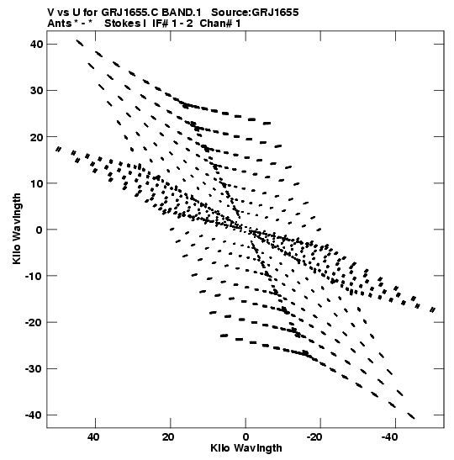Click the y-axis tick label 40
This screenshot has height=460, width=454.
(x=36, y=44)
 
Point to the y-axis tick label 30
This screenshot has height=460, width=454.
(x=36, y=90)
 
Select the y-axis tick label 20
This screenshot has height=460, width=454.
(x=36, y=137)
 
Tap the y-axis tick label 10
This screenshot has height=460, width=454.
(x=36, y=183)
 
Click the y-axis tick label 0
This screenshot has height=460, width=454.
(x=40, y=230)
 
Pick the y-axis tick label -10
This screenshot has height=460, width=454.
(x=34, y=276)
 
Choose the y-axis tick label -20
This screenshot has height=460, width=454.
(x=34, y=322)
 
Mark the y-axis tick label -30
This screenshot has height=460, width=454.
(x=34, y=368)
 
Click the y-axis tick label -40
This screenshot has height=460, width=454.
(x=34, y=415)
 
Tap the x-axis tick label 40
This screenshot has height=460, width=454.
(x=93, y=437)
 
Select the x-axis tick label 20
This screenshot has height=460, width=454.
(x=168, y=437)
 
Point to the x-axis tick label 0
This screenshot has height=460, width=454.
(x=245, y=437)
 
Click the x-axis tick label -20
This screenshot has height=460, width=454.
(x=315, y=437)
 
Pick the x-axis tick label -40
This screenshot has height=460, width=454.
(x=390, y=437)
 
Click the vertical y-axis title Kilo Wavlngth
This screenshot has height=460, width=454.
(x=17, y=229)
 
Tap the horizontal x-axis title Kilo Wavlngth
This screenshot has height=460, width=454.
(x=246, y=448)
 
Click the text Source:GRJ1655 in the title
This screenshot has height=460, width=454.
(x=255, y=13)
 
